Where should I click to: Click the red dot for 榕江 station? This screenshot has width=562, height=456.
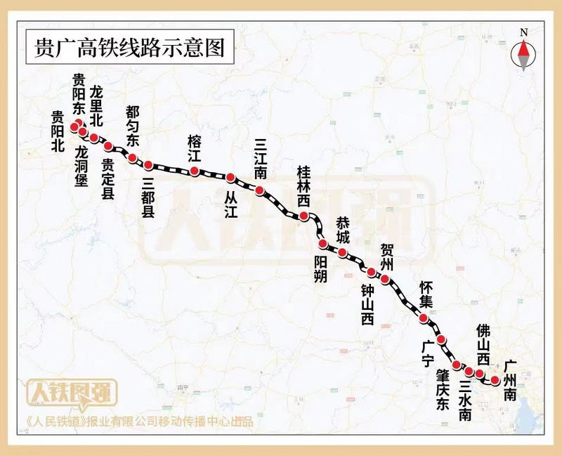(195, 171)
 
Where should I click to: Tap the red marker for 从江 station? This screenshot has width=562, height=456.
(230, 176)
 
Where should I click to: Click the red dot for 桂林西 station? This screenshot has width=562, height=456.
(303, 216)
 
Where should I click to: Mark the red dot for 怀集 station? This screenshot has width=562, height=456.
(424, 318)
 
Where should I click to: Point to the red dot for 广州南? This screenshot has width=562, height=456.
(495, 380)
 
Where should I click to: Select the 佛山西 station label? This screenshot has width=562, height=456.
(484, 344)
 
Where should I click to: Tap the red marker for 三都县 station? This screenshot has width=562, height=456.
(148, 165)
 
